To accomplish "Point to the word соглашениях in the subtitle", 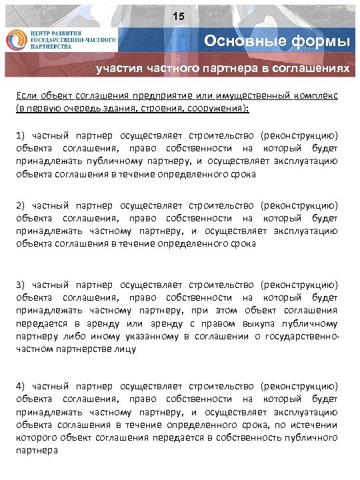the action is [313, 68].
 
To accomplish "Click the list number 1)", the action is [21, 135].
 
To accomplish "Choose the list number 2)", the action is [21, 205].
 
